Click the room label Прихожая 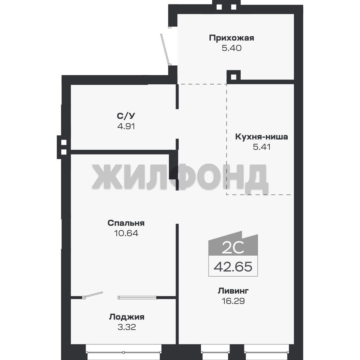(x=231, y=38)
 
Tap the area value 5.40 (x=231, y=48)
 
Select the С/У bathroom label (x=126, y=116)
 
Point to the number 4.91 (x=126, y=126)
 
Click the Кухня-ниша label (x=262, y=137)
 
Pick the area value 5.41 (x=262, y=147)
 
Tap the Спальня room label (x=126, y=223)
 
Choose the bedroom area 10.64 (x=126, y=233)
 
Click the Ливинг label (x=233, y=291)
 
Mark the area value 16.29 (x=233, y=301)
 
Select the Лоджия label (x=127, y=317)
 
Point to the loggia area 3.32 (x=127, y=327)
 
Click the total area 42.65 (x=233, y=267)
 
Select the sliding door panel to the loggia (x=137, y=298)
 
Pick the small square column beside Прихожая (x=233, y=77)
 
